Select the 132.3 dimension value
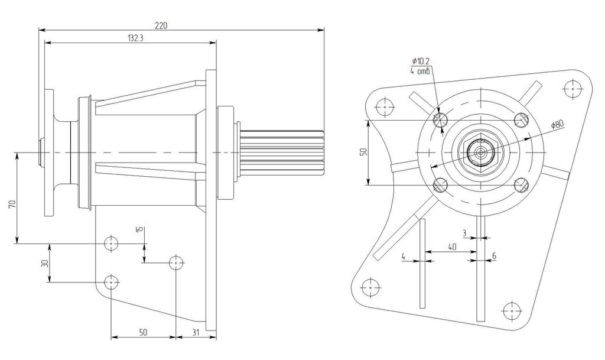click(135, 38)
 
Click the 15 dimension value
click(139, 229)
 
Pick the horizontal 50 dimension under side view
click(143, 333)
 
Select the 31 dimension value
click(196, 333)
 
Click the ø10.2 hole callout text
click(422, 61)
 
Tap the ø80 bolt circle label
click(557, 125)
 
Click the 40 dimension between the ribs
click(452, 247)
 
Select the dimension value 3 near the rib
click(465, 232)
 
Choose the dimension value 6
click(494, 255)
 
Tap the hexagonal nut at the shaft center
click(482, 153)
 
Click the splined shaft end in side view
click(284, 153)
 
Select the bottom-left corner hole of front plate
click(370, 288)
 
